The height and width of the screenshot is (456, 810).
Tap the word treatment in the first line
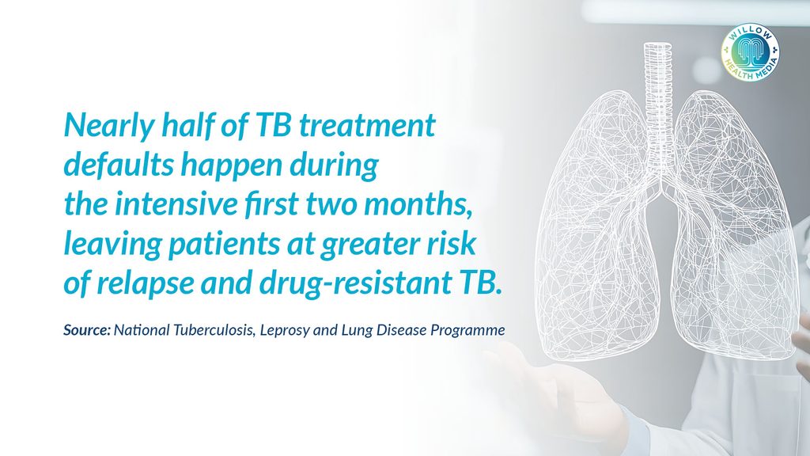[x=367, y=126]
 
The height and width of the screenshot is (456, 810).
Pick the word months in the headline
[x=418, y=205]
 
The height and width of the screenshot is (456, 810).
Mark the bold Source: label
[x=87, y=330]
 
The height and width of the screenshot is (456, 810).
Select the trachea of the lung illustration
[x=657, y=106]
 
